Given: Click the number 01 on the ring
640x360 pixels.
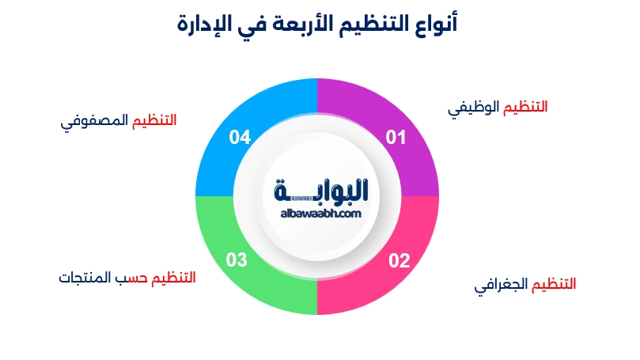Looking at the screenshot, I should tap(396, 138).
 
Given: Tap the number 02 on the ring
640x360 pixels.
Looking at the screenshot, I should tap(398, 260).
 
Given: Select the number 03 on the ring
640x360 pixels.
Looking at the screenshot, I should tap(237, 259).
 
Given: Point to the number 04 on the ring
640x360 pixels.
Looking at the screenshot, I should tap(240, 138).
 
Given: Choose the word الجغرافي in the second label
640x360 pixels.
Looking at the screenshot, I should tap(502, 285).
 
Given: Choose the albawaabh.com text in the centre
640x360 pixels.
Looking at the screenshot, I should tap(320, 213).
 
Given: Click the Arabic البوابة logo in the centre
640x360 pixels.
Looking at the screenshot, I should tap(324, 191).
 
